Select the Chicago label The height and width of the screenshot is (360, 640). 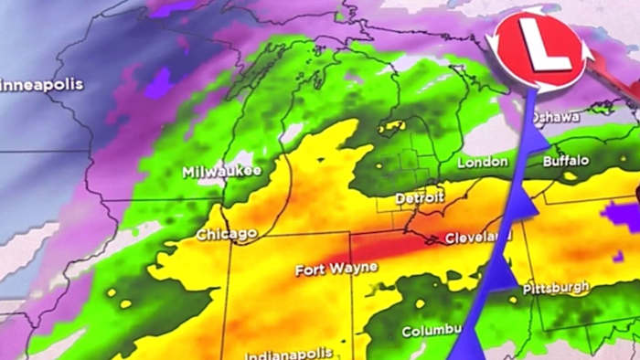tap(226, 235)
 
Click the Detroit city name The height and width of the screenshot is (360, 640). tap(420, 197)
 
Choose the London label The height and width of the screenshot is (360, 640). tap(483, 162)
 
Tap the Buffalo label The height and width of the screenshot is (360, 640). tap(566, 160)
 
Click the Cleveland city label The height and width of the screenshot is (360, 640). tap(473, 238)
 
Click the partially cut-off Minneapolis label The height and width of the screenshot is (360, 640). tap(41, 84)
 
